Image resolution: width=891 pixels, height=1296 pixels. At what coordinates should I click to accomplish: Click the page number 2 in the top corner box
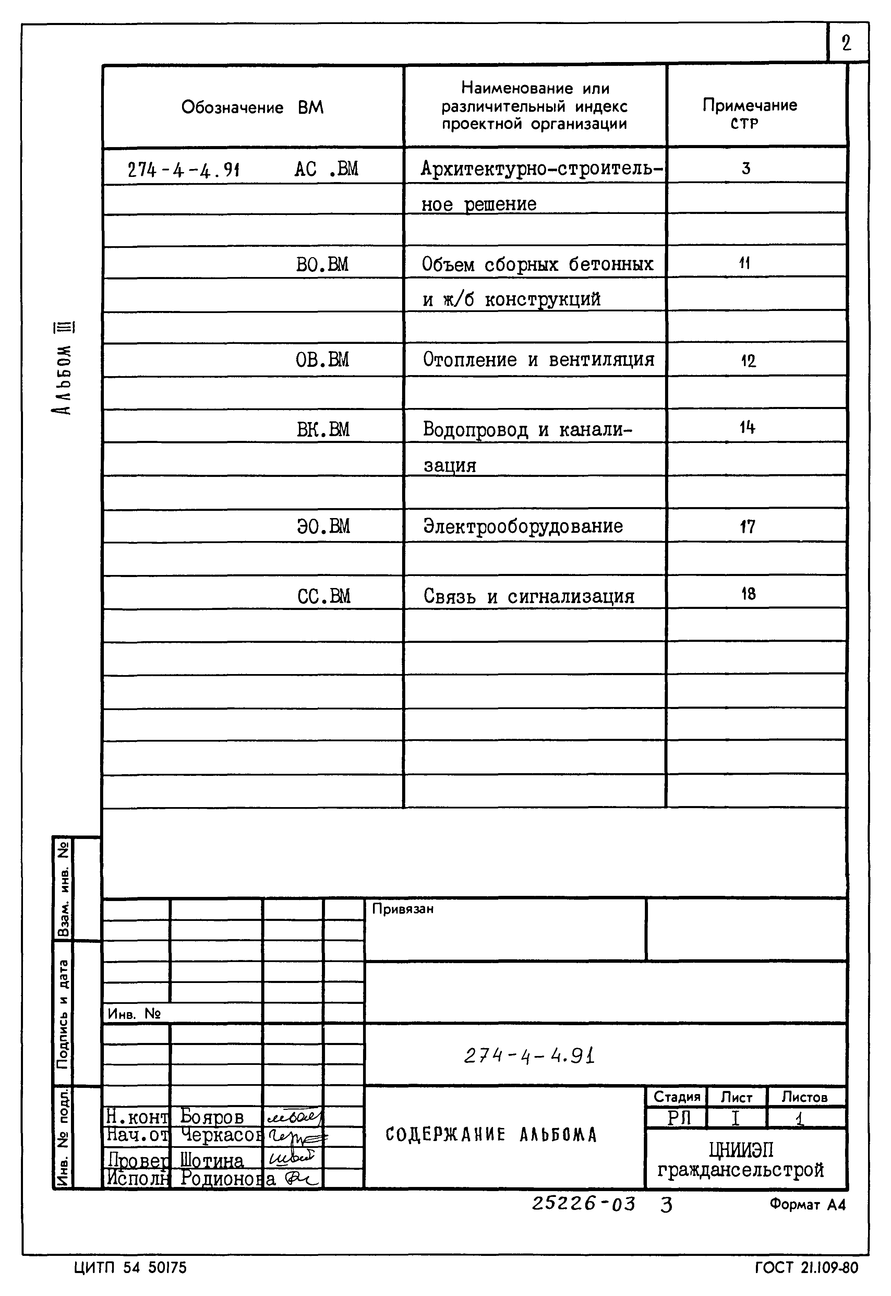(846, 43)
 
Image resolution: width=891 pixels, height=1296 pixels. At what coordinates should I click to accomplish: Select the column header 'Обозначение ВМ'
(252, 107)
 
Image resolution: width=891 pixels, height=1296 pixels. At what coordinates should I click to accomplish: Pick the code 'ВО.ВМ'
(322, 264)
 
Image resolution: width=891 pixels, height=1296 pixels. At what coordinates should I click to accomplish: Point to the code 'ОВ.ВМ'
(322, 360)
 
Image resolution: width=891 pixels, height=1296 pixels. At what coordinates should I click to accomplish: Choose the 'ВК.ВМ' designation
(323, 429)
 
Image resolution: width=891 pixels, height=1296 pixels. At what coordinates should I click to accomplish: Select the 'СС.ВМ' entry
(324, 596)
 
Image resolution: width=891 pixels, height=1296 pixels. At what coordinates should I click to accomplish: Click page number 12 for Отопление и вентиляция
(748, 361)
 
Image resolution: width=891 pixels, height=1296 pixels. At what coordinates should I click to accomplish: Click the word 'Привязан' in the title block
(402, 909)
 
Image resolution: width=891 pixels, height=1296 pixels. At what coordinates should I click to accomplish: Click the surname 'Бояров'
(212, 1116)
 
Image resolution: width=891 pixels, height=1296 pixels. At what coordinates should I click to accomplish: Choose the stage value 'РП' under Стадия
(679, 1118)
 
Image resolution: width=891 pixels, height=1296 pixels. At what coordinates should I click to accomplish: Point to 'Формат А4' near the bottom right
(807, 1205)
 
